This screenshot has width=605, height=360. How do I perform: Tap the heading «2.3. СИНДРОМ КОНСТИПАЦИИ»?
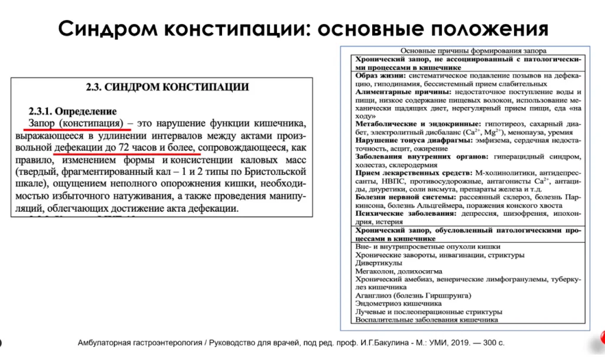tap(167, 87)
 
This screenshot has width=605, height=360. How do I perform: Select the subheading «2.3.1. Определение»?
tap(73, 111)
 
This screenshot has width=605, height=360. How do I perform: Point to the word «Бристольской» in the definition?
tap(271, 172)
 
